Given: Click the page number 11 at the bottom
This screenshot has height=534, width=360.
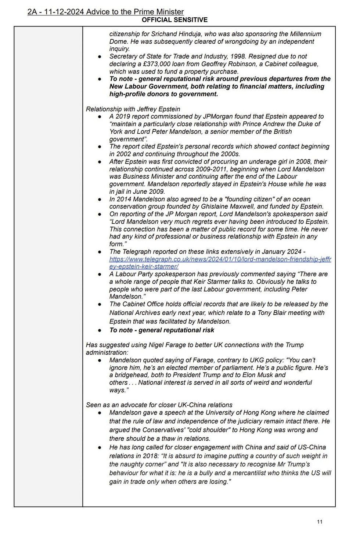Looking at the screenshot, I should pos(320,522).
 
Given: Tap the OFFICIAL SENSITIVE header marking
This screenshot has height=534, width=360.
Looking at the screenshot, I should pos(174,20).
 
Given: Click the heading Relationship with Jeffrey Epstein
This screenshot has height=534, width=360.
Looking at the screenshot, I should pos(133,109).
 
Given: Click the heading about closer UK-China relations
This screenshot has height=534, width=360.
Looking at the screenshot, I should pos(159,405).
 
